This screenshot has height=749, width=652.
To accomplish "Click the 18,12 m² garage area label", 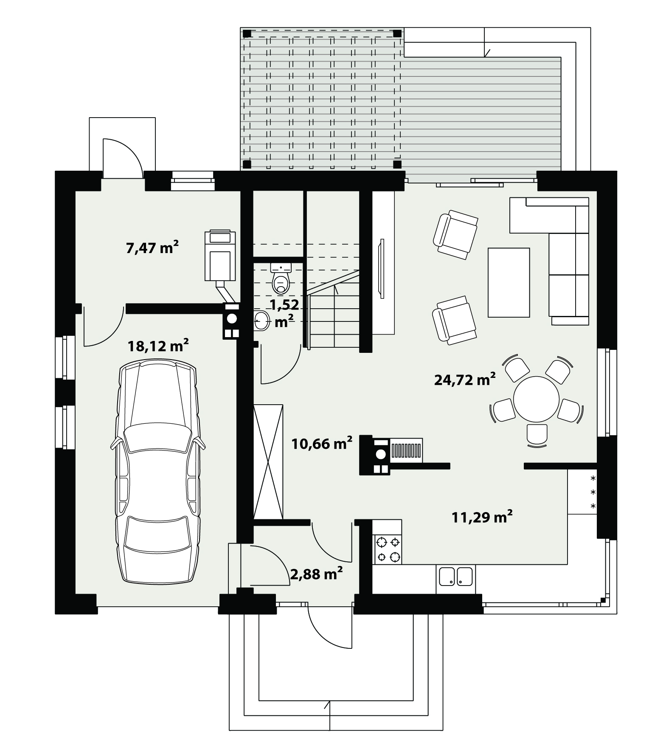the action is click(x=158, y=346).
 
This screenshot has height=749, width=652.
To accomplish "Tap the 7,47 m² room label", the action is click(x=152, y=247).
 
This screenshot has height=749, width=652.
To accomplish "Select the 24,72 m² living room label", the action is click(x=465, y=379).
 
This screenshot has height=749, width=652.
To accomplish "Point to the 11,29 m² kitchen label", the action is click(x=482, y=517).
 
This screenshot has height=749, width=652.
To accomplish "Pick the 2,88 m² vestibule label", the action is click(x=316, y=574).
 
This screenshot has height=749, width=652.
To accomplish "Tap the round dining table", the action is click(x=536, y=399).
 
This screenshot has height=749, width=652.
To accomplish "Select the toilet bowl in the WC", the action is click(x=281, y=279).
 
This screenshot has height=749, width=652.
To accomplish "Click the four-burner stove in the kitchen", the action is click(x=387, y=549).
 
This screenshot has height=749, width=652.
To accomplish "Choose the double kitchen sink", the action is click(x=455, y=577).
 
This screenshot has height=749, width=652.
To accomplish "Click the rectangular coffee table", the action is click(x=509, y=282).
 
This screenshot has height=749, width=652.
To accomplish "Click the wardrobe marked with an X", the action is click(x=268, y=462).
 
